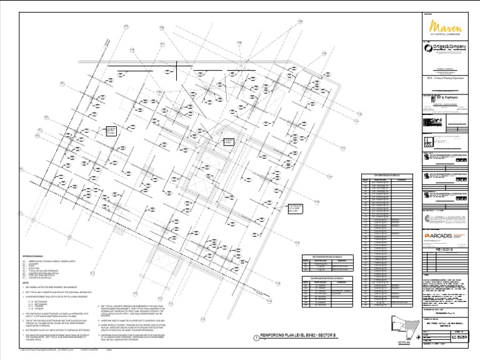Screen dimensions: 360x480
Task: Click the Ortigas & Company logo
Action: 445,47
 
